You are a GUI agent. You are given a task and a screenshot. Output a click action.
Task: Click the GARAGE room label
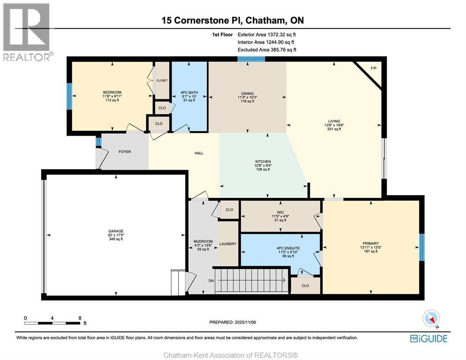[116, 231]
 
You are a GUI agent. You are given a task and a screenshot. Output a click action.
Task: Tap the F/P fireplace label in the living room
[373, 68]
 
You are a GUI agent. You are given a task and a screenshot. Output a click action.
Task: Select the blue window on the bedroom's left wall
[69, 96]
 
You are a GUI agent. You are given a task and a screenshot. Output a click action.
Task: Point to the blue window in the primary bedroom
[421, 247]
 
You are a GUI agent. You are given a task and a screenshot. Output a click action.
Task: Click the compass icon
[431, 319]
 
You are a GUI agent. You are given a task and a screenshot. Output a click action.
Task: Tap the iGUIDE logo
[429, 338]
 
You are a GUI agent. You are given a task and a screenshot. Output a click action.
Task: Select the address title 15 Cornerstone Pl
[233, 20]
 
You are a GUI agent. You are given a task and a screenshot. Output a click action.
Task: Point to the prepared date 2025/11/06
[233, 322]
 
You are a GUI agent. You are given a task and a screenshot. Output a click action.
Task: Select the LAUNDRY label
[228, 244]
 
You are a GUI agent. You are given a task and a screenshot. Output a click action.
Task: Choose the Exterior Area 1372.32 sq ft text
[267, 34]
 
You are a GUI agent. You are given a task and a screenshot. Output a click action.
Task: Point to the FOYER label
[125, 152]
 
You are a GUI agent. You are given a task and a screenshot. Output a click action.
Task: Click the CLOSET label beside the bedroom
[162, 81]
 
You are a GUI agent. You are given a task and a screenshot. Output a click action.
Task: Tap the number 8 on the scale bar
[80, 318]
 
